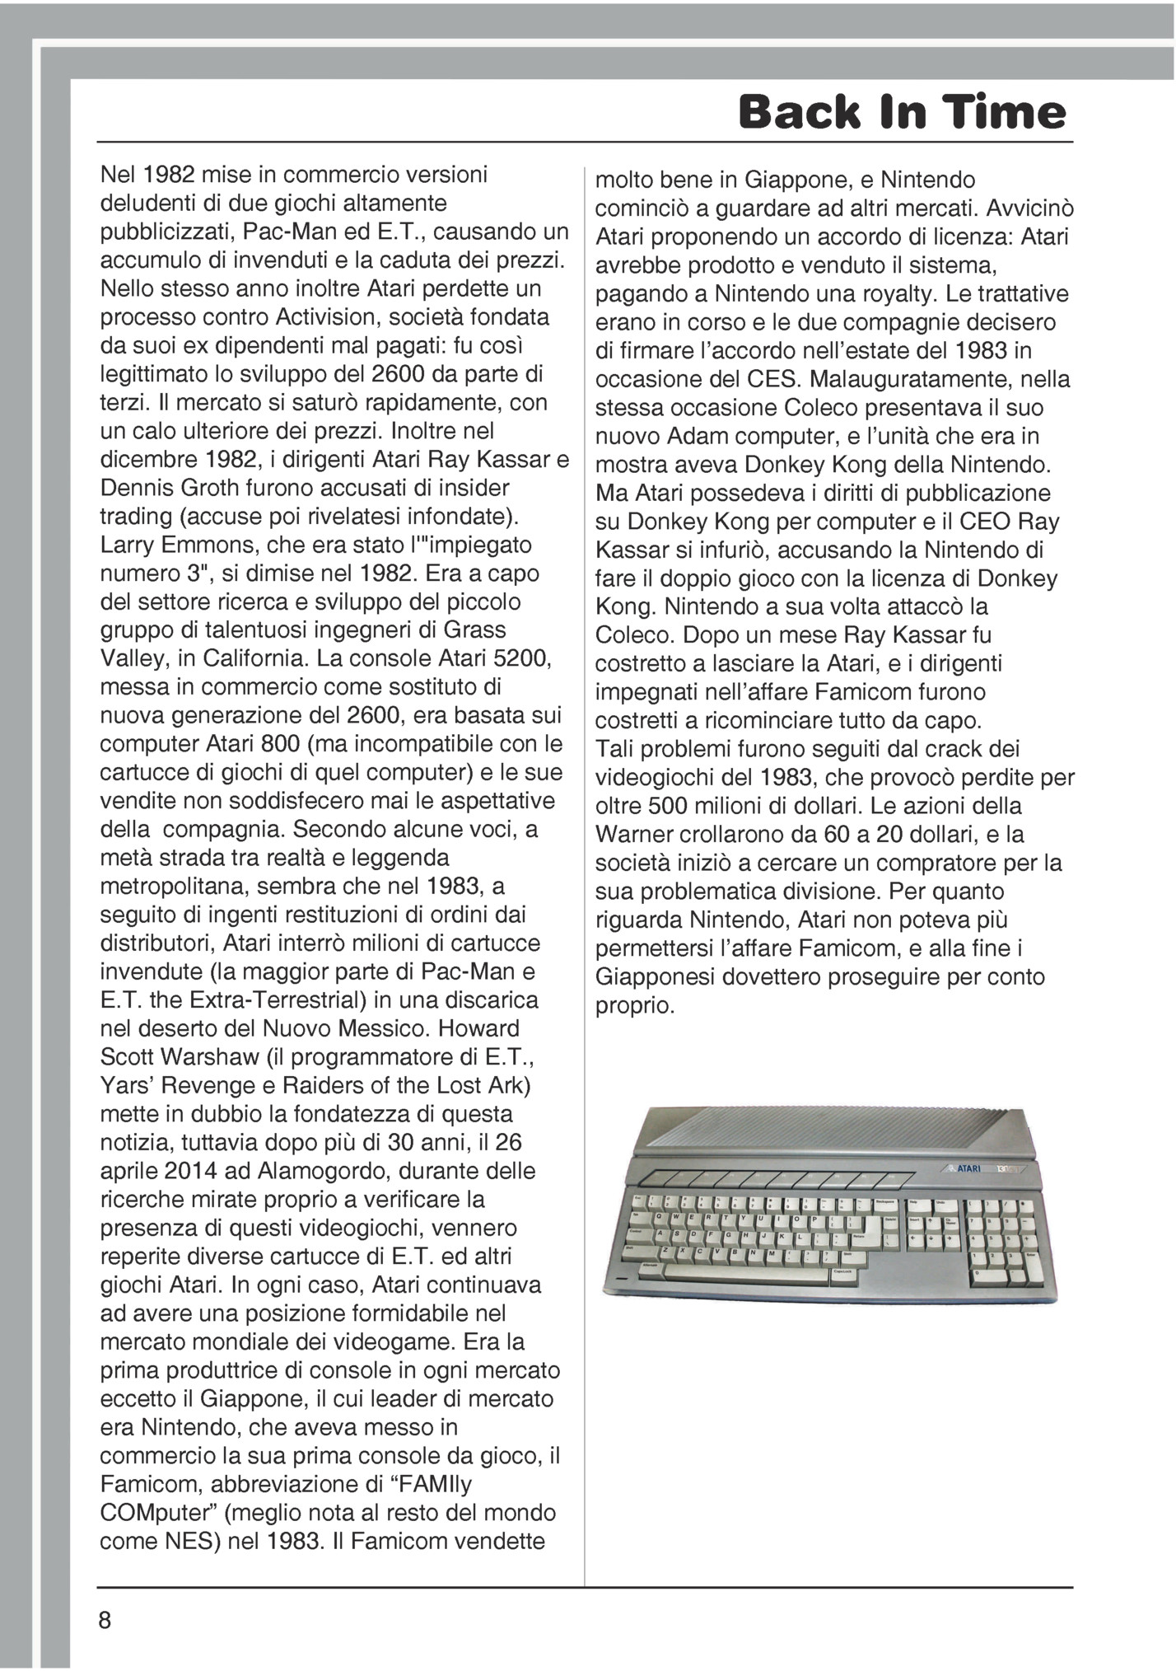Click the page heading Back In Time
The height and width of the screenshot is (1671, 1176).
(902, 112)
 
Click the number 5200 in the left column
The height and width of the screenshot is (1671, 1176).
(510, 659)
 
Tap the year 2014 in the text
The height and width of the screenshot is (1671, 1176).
(189, 1171)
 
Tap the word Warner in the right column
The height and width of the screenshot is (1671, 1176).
(631, 835)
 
